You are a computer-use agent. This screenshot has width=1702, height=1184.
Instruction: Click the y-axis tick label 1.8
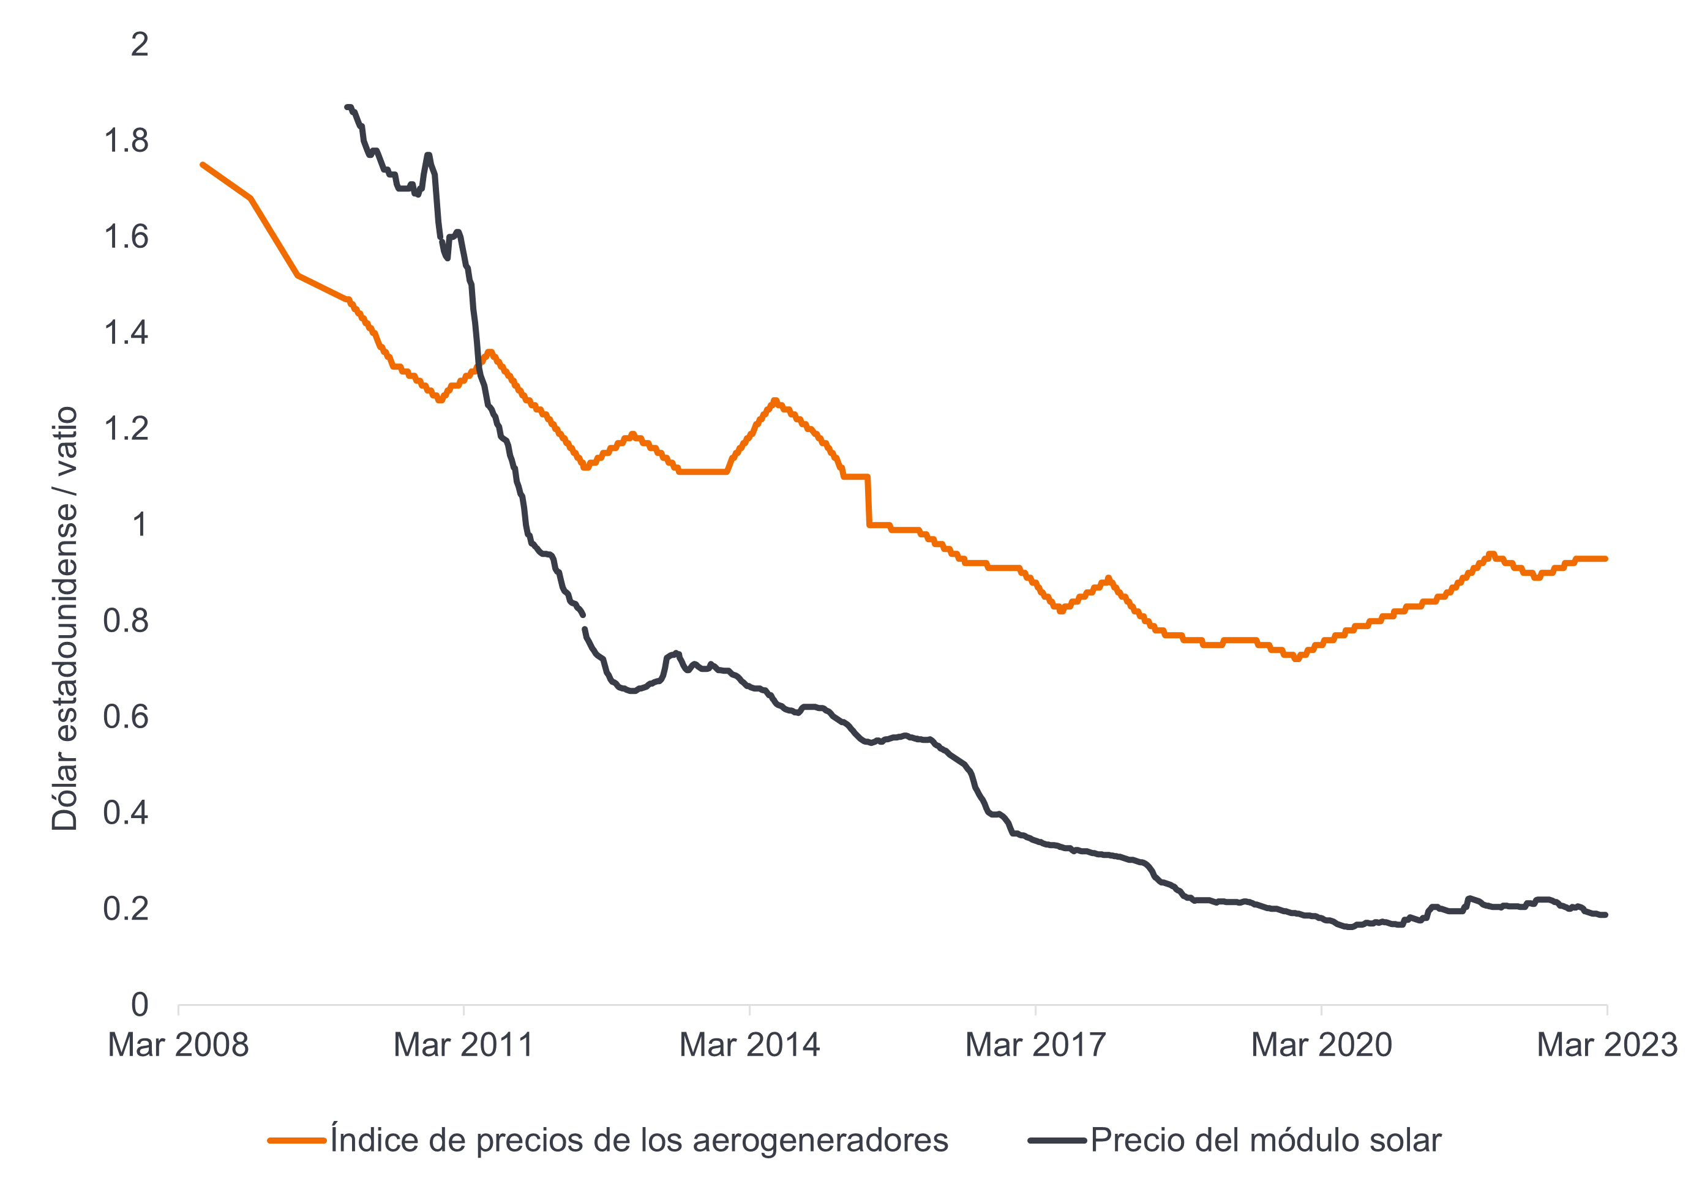click(126, 141)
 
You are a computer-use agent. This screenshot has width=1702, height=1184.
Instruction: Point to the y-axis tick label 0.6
click(126, 717)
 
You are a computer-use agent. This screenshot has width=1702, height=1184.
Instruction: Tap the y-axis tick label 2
click(140, 45)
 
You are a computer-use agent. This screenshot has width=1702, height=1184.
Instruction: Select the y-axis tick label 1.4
click(126, 333)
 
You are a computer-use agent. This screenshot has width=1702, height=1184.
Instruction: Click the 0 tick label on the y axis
click(140, 1005)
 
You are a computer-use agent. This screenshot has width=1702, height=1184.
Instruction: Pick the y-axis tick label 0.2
click(126, 909)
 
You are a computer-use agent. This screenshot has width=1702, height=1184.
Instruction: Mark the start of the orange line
click(203, 165)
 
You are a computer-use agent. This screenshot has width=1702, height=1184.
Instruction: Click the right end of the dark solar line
click(1605, 915)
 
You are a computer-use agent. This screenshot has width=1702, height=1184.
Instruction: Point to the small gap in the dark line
click(584, 622)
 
